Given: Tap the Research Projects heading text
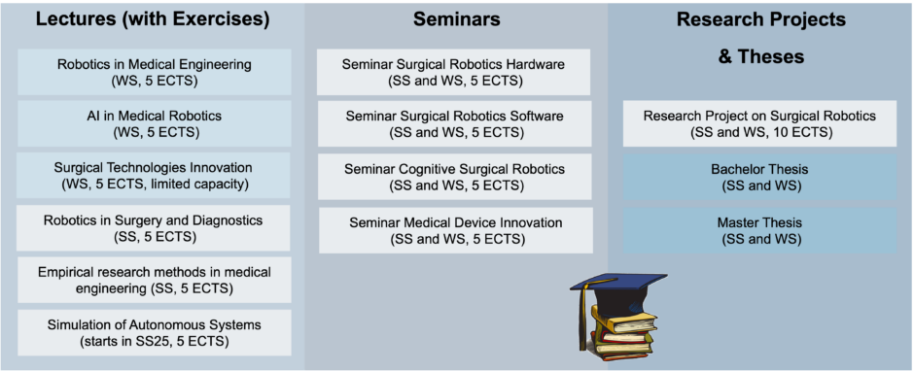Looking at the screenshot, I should coord(760,19).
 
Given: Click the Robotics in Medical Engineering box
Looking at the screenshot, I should coord(155,73).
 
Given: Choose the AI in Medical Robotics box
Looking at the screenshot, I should coord(155,123).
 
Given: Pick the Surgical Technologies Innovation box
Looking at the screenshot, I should coord(155,175).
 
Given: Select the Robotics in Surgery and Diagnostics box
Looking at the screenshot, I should coord(155,226).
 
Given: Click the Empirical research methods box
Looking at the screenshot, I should coord(155,279).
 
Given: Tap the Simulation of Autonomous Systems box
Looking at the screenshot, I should coord(155,331).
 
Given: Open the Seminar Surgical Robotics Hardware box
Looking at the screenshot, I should coord(454,73).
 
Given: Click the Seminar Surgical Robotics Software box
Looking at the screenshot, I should coord(454,124).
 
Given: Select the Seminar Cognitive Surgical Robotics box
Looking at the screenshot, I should coord(454,177).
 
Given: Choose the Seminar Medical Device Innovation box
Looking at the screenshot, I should coord(454,230).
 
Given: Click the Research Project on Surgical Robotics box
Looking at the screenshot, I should coord(759,123).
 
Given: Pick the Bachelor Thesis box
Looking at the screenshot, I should coord(759,176).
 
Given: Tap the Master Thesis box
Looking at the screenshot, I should coord(759,229).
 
